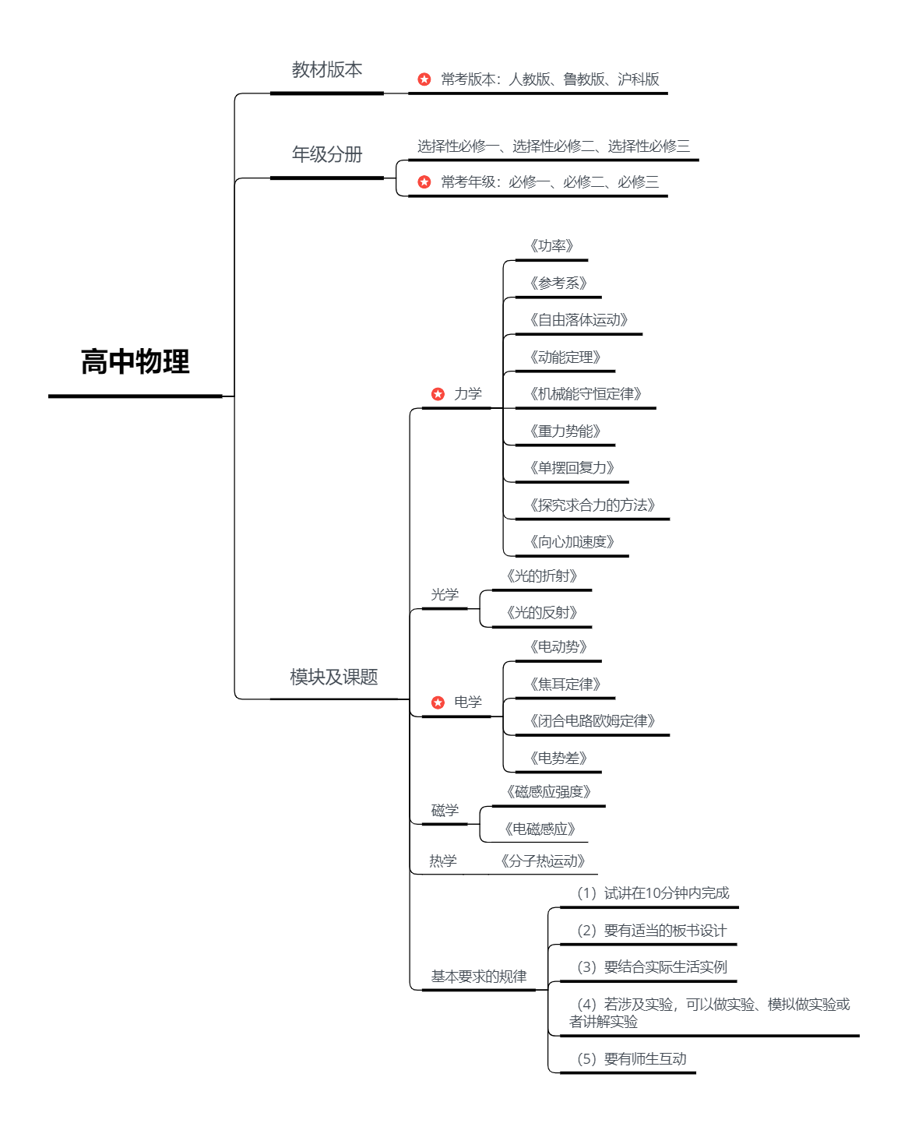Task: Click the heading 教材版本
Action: [x=327, y=70]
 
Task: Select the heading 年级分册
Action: [x=327, y=154]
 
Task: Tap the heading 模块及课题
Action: [x=334, y=678]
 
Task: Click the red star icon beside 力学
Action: [x=438, y=394]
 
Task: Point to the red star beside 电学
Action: [x=438, y=702]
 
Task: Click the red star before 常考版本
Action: [x=424, y=79]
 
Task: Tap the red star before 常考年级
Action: [x=424, y=182]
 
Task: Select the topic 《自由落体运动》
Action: [x=578, y=320]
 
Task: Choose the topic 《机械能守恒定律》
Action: [x=585, y=394]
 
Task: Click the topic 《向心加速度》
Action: [x=572, y=542]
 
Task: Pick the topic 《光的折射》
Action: [x=542, y=576]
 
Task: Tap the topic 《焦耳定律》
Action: [x=565, y=685]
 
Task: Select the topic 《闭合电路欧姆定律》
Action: [x=592, y=721]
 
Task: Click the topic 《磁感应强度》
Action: [x=548, y=792]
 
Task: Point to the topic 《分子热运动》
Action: [x=543, y=861]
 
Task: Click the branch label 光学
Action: [x=445, y=595]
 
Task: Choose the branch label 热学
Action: [x=443, y=861]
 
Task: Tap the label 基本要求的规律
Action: [x=479, y=977]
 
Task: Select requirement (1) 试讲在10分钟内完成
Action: [x=653, y=893]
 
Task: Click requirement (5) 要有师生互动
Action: [x=631, y=1059]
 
